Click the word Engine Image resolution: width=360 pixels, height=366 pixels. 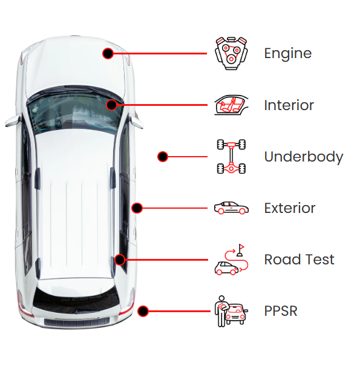tap(287, 54)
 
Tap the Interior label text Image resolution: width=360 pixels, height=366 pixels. tap(289, 105)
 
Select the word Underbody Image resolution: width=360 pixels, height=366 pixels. tap(304, 157)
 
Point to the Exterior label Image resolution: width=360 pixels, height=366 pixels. tap(289, 208)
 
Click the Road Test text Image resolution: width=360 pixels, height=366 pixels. tap(299, 260)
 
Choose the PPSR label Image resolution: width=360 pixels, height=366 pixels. tap(281, 311)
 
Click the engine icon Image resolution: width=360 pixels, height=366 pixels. tap(231, 53)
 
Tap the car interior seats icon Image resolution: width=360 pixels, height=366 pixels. tap(231, 105)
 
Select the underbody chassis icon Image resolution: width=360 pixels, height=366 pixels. tap(231, 157)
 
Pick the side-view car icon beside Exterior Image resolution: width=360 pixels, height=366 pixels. tap(231, 208)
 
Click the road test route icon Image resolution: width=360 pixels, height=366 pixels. tap(231, 260)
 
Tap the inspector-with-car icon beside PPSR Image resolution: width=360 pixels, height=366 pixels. tap(231, 311)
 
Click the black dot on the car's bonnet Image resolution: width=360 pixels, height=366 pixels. tap(108, 53)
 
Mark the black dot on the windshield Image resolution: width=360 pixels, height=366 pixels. tap(111, 105)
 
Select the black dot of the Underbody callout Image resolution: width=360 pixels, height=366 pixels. tap(163, 157)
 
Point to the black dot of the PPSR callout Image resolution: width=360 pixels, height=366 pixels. tap(143, 311)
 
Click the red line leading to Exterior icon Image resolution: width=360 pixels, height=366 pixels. tap(175, 208)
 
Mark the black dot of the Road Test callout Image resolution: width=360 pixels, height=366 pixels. tap(120, 260)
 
